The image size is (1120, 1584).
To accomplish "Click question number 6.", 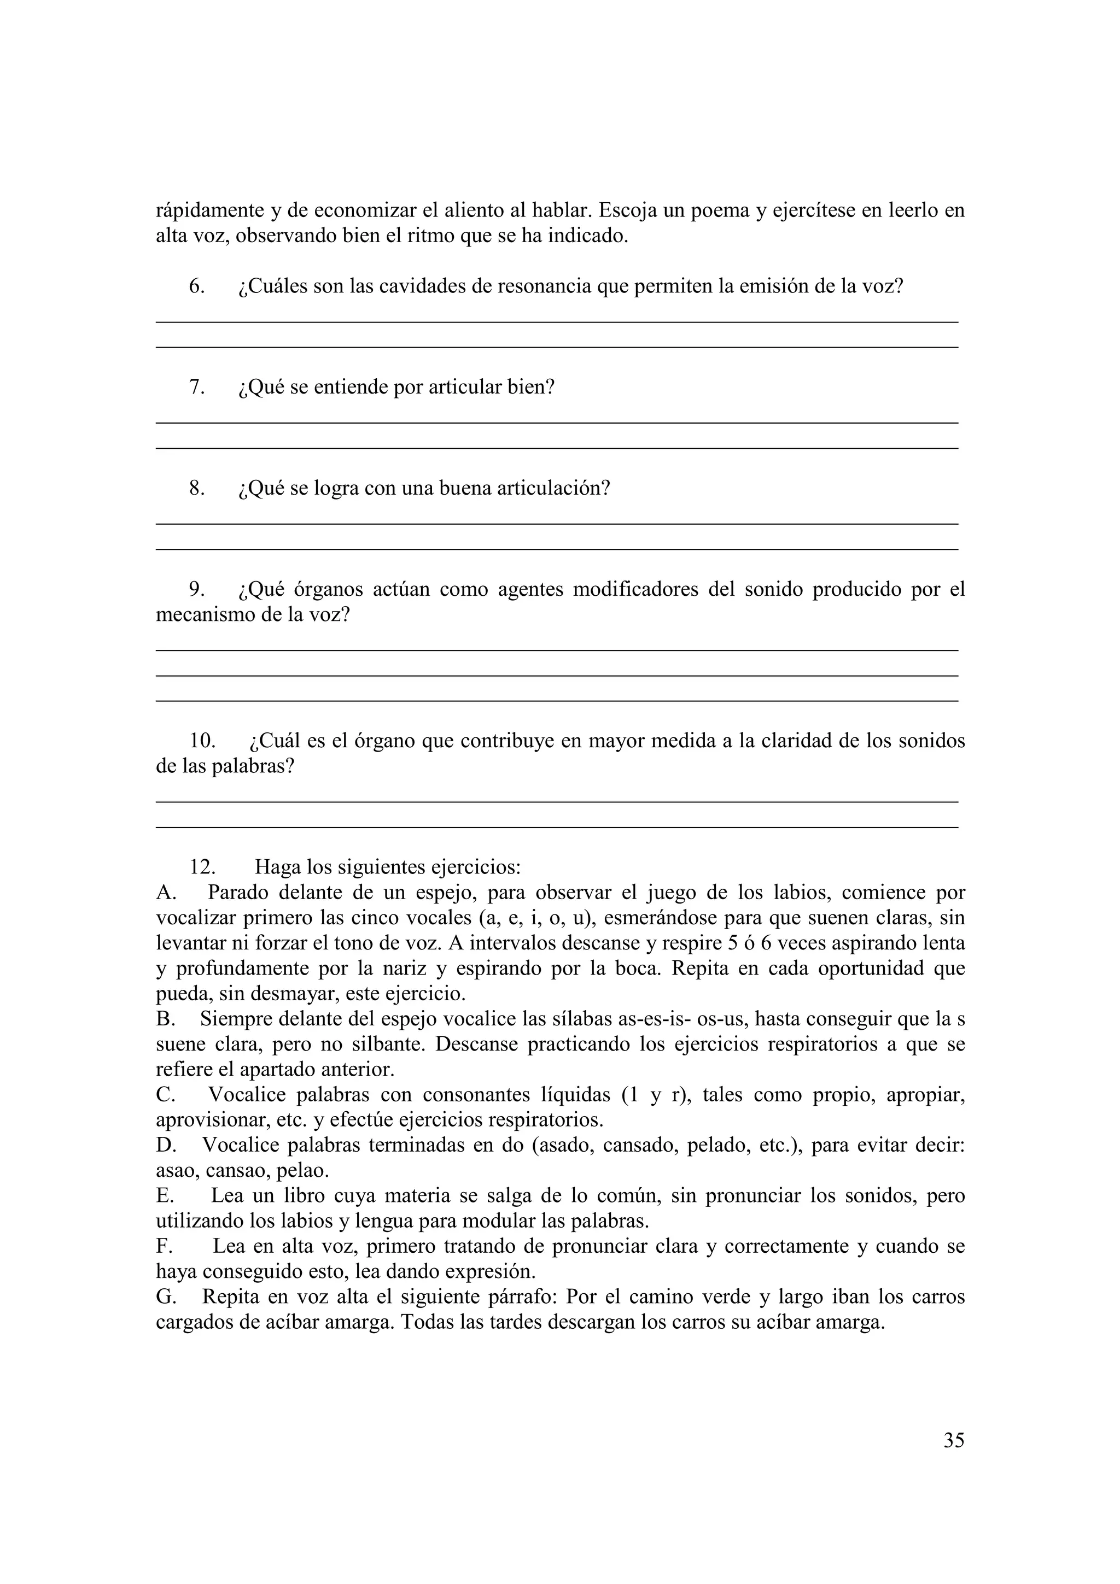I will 197,286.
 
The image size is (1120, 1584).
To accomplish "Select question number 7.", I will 197,387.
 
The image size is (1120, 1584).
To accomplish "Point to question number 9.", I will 197,589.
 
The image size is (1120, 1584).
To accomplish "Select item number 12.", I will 202,867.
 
